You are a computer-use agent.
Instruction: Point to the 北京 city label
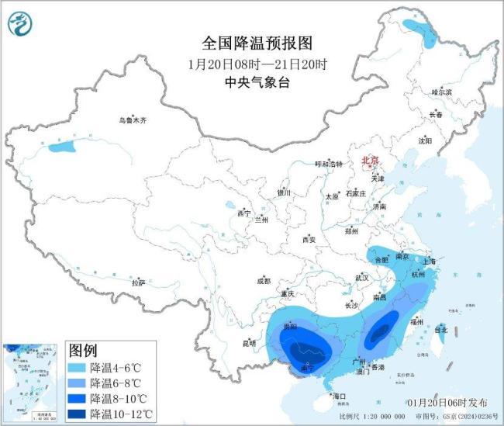point(371,161)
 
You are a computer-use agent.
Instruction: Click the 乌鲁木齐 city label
point(132,120)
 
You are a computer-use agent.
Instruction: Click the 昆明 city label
point(248,342)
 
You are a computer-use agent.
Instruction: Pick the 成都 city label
point(263,281)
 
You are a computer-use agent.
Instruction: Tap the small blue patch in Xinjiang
point(63,145)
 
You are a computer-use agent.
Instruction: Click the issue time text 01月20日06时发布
point(447,403)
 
